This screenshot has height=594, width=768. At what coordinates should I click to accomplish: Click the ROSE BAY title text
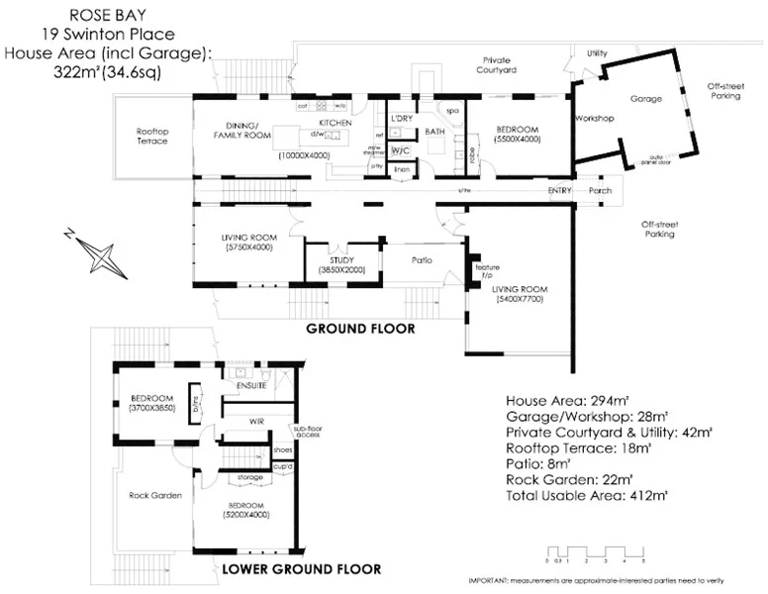[x=110, y=15]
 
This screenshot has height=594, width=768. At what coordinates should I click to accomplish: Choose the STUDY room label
[x=342, y=259]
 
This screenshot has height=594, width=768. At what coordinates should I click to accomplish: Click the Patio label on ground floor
[x=422, y=260]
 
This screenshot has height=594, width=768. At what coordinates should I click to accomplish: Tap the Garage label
[x=646, y=99]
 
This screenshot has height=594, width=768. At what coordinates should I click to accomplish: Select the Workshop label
[x=595, y=119]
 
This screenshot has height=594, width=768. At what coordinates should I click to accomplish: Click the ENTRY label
[x=560, y=190]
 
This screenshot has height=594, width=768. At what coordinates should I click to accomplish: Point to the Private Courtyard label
[x=501, y=65]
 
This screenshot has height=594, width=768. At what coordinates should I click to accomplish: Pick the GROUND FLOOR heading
[x=360, y=328]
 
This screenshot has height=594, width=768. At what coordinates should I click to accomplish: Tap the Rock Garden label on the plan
[x=155, y=495]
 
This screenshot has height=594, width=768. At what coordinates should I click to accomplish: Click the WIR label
[x=255, y=421]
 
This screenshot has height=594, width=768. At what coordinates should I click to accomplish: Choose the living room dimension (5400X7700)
[x=519, y=300]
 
